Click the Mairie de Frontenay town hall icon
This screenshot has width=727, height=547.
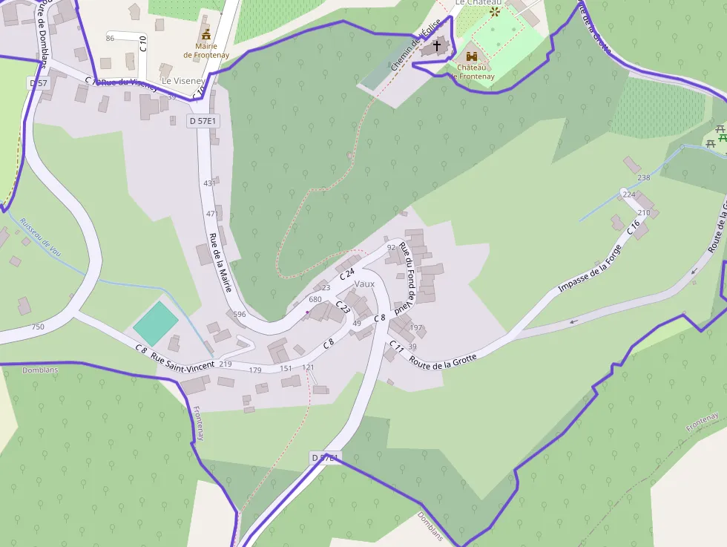coord(205,34)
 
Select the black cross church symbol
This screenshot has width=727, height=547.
coord(437,47)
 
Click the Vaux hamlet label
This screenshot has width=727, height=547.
coord(365,284)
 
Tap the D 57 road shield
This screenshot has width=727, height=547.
coord(39,83)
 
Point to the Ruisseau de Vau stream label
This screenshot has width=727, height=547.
coord(41,237)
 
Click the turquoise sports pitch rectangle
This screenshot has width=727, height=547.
coord(156,323)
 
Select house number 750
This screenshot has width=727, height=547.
coord(38,327)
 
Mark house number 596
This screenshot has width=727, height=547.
coord(239,315)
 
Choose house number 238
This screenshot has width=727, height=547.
coord(643,177)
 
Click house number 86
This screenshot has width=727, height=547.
coord(111,38)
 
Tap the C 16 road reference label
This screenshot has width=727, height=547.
coord(633,228)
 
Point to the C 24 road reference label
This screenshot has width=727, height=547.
coord(347,275)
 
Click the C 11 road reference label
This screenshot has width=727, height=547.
coord(397,347)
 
